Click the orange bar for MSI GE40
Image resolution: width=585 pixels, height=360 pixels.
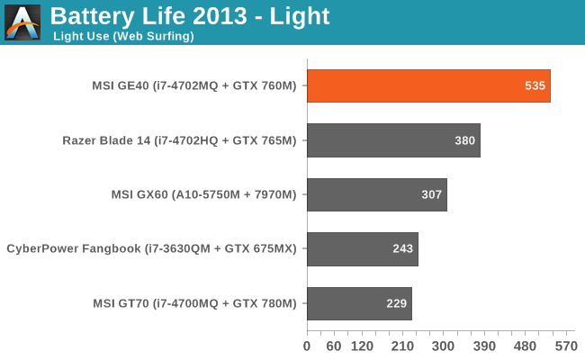coord(428,86)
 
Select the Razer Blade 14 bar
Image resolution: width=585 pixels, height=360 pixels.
coord(393,140)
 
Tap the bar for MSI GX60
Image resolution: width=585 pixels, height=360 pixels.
coord(377,194)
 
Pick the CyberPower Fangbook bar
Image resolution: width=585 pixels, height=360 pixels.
coord(363,249)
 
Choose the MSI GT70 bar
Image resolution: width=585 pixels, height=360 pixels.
coord(359,303)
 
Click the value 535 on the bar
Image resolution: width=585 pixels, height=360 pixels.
coord(535,86)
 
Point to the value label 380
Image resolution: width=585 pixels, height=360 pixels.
coord(465,140)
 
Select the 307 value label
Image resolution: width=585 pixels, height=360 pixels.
coord(433,194)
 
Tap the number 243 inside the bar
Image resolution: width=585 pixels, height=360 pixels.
coord(404,249)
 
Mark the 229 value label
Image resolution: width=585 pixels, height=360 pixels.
coord(398,303)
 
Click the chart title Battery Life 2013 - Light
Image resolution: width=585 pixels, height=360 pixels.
coord(190,16)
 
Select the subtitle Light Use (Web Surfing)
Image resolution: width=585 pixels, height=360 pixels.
coord(123,37)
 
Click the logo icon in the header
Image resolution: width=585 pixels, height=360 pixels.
coord(22,22)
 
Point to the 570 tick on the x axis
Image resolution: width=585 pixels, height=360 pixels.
coord(565,346)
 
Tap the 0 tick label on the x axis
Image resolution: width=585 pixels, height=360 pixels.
coord(307,346)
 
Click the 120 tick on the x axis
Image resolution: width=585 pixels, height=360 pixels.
coord(362,346)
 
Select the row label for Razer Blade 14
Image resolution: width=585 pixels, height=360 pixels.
coord(179,140)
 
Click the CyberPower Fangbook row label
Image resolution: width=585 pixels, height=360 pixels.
coord(151,249)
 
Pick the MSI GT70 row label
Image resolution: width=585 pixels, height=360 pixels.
coord(194,303)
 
